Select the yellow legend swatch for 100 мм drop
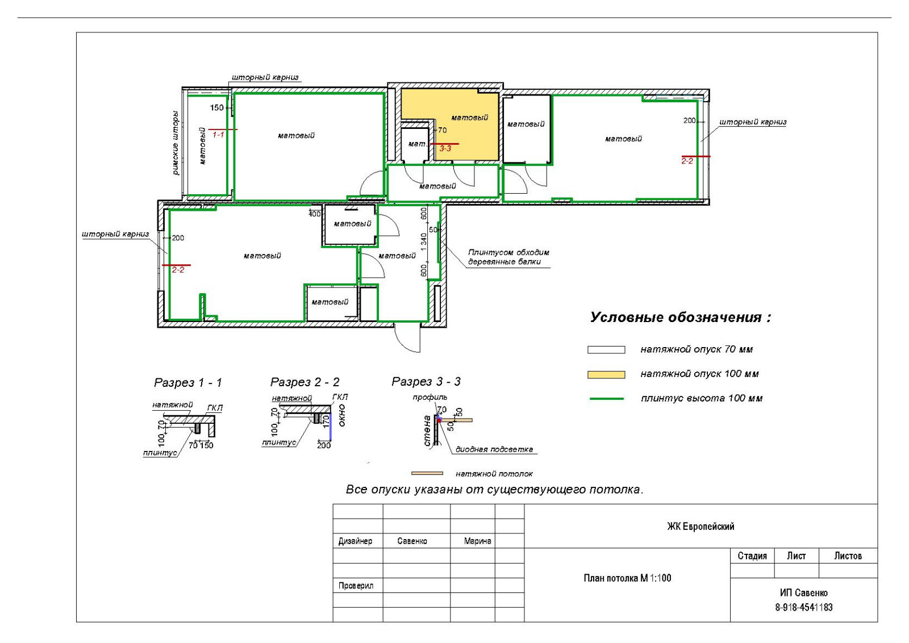(606, 374)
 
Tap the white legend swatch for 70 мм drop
(606, 350)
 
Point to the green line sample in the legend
(606, 399)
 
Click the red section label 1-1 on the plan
(218, 134)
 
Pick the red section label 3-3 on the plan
(445, 148)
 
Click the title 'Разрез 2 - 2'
(305, 382)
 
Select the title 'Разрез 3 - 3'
(426, 381)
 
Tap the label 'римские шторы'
(176, 143)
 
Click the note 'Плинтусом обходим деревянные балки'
(508, 257)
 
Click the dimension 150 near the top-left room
(216, 107)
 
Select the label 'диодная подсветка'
(494, 449)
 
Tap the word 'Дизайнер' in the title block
(355, 541)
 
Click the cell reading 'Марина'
(478, 541)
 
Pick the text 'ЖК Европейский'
(700, 527)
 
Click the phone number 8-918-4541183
(803, 607)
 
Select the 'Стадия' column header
(752, 556)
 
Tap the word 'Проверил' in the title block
(356, 586)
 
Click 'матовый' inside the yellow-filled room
(469, 118)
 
